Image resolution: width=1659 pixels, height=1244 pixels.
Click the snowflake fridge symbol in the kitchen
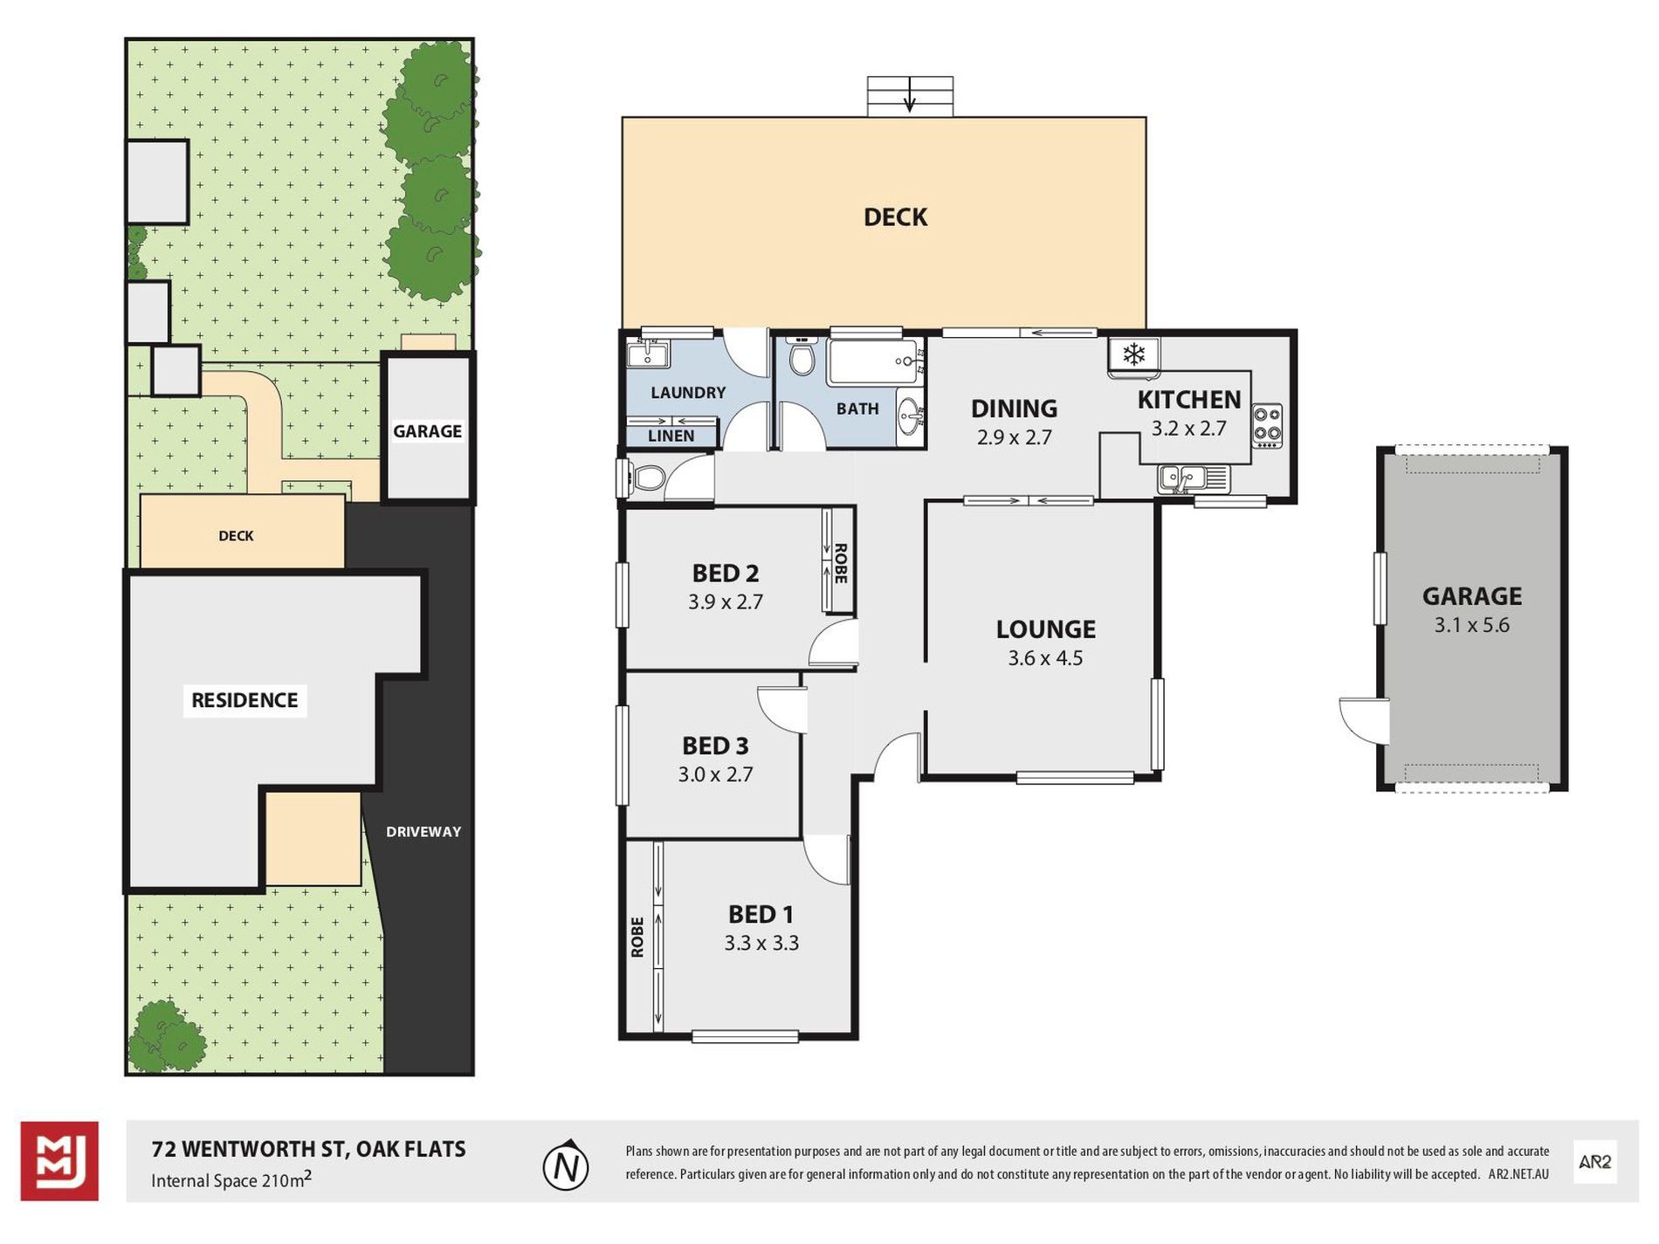1133,354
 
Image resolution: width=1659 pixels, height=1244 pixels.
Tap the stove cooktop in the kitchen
1267,426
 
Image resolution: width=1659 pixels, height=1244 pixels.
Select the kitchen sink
1194,479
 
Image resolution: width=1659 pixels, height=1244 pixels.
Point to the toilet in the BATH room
801,357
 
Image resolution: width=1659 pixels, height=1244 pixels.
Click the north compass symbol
566,1165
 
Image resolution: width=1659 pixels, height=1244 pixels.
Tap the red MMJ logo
59,1161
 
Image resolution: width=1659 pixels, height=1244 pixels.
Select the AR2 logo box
1594,1162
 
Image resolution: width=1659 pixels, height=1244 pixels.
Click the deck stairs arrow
910,95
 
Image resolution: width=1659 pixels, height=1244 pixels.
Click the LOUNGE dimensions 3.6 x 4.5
1045,658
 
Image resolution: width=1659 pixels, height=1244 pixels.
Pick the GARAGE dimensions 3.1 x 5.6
1471,625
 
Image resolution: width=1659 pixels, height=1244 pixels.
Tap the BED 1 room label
761,914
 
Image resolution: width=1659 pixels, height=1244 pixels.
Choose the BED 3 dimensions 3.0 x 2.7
715,774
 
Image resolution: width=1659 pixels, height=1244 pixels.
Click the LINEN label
671,436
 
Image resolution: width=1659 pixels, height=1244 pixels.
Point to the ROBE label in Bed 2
841,563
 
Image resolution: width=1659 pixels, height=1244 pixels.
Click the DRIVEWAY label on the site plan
423,832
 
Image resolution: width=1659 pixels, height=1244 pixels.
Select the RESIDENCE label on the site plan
244,700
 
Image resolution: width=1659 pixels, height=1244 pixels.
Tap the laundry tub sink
648,354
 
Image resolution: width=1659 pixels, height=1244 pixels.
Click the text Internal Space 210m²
231,1179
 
